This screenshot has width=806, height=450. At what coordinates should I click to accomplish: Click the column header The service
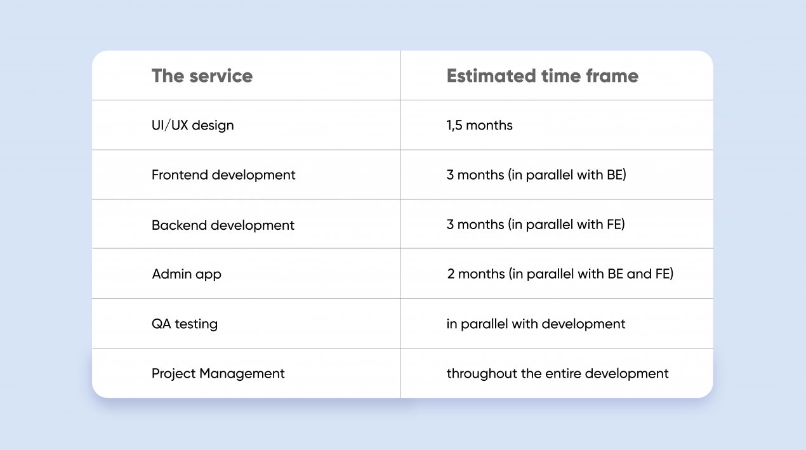pos(202,76)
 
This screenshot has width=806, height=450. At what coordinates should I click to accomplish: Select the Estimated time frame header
pos(542,76)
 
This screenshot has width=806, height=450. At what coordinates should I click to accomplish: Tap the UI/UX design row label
pos(192,126)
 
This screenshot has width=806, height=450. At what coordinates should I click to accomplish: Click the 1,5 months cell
pos(479,126)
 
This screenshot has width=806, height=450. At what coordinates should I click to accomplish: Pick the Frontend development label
pos(223,175)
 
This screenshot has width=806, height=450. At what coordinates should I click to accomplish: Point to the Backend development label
pos(223,225)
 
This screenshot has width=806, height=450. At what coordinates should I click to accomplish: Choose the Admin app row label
pos(187,274)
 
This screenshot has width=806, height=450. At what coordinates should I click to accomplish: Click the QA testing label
pos(185,324)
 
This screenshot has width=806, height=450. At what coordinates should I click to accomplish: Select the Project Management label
pos(218,374)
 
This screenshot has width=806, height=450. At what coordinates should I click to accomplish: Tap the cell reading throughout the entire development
pos(557,374)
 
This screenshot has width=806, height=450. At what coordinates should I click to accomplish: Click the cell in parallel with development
pos(536,324)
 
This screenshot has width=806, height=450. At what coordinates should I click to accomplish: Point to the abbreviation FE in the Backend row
pos(614,225)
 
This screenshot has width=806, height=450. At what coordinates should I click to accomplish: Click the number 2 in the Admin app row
pos(451,274)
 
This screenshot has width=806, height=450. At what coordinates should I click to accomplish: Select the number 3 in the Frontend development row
pos(450,175)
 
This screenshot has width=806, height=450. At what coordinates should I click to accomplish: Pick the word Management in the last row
pos(242,374)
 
